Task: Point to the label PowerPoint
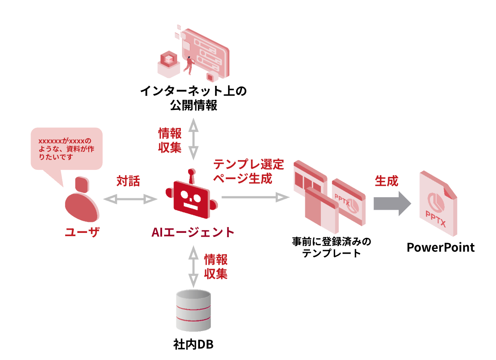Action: coord(441,247)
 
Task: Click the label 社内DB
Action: coord(193,345)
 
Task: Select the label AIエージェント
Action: coord(193,232)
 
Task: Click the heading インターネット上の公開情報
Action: coord(193,98)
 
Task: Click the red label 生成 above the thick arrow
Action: coord(386,181)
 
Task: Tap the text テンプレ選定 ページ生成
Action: coord(248,171)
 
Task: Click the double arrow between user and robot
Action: coord(130,199)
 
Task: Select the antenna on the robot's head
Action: coord(191,175)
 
